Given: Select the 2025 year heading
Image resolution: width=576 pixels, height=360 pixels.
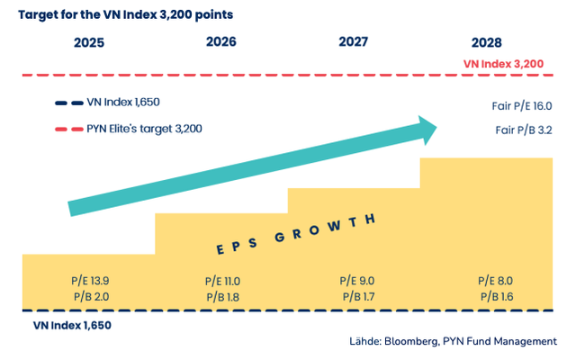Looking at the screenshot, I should (x=88, y=43).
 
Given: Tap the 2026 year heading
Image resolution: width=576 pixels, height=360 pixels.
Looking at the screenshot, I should (x=221, y=42).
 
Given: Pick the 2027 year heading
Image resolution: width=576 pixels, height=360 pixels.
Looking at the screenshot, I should (x=354, y=42).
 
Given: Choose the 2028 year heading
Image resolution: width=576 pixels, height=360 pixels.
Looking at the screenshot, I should (x=487, y=43).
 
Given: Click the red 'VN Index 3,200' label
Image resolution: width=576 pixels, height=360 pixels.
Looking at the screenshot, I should (x=503, y=64).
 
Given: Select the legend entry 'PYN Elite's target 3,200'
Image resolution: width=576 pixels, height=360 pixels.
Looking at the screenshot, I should (x=145, y=129).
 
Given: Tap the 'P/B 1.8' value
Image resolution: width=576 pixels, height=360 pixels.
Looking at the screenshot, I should (x=223, y=296).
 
